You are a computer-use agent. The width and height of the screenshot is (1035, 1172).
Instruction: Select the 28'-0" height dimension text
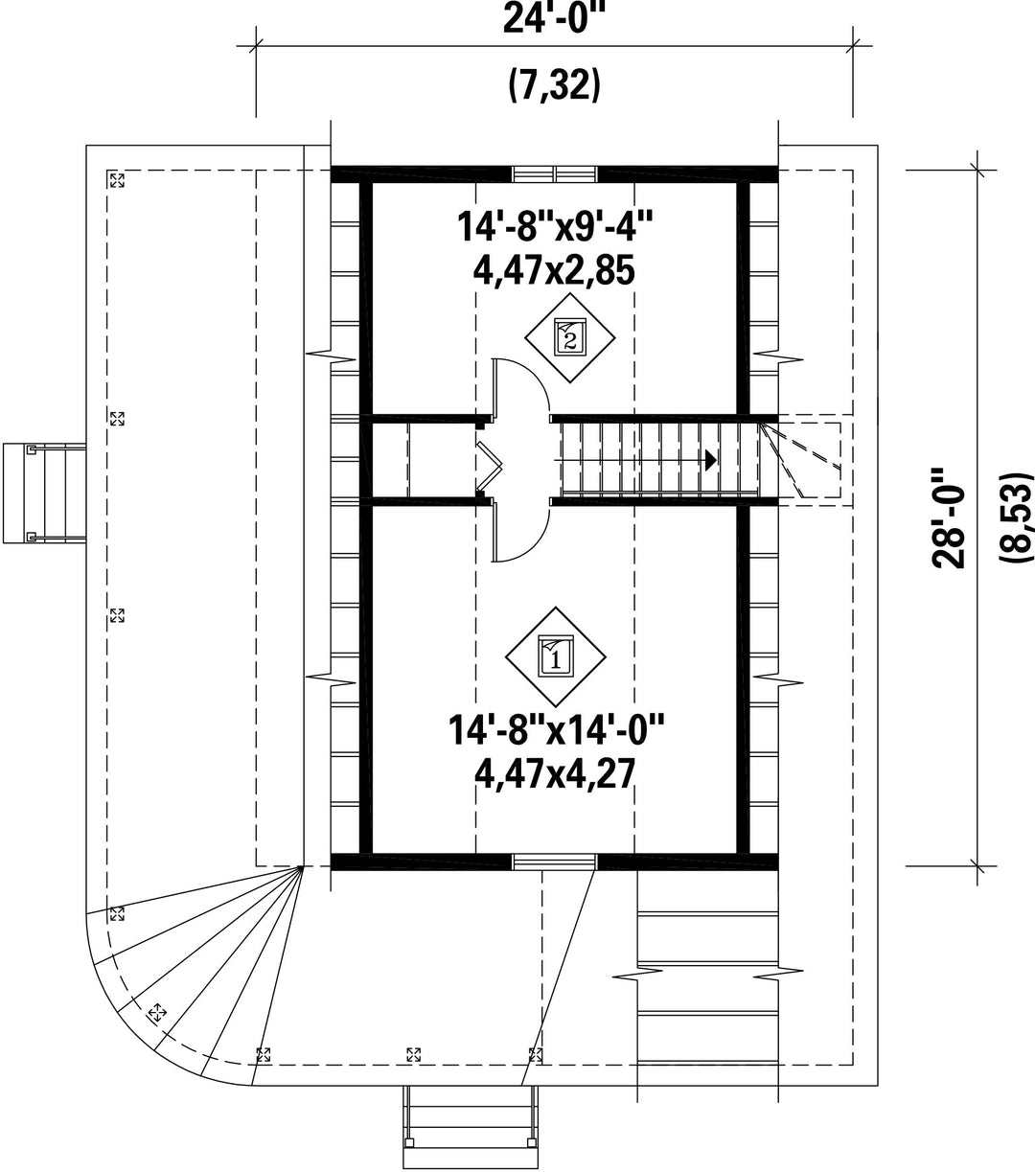(x=950, y=525)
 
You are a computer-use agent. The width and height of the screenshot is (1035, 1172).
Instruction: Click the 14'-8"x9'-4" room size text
(x=555, y=226)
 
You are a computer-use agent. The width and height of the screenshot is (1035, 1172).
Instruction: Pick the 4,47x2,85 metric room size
(x=554, y=270)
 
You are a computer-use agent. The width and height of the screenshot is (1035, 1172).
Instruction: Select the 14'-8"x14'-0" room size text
(x=556, y=729)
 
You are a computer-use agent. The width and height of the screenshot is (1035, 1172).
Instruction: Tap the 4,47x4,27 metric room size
(x=555, y=773)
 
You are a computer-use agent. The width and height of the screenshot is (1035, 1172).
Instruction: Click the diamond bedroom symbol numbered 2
(x=570, y=338)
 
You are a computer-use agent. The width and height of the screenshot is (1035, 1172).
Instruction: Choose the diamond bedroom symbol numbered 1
(x=556, y=657)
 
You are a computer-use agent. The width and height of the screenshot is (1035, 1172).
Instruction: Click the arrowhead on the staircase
(x=711, y=460)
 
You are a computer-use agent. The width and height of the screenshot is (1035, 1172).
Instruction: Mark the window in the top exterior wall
(x=555, y=174)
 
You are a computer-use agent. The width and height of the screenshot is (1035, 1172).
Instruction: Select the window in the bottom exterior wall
(x=555, y=862)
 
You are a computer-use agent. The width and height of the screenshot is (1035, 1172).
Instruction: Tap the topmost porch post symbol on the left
(x=117, y=179)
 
